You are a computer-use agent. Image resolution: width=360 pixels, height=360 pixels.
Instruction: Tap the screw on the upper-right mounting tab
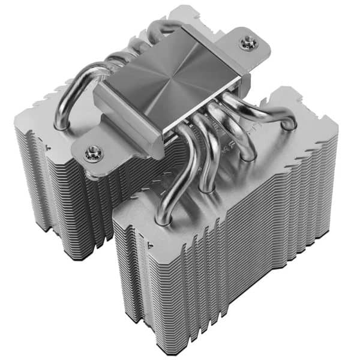pyautogui.click(x=245, y=41)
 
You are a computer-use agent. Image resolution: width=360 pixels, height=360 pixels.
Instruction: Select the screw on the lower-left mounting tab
pyautogui.click(x=92, y=153)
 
